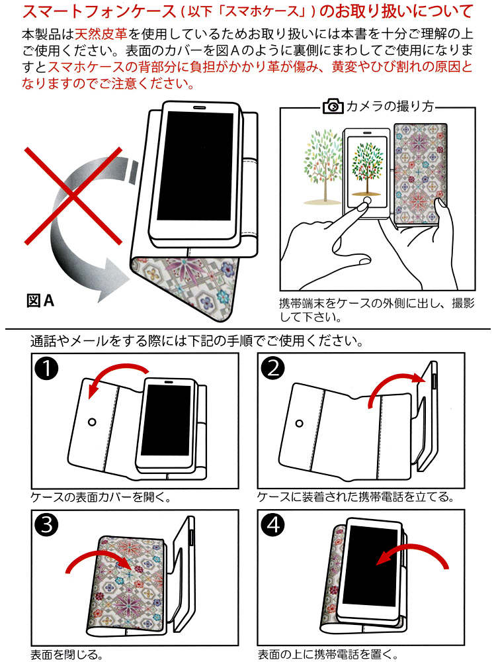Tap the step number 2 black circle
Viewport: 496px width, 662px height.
[x=274, y=368]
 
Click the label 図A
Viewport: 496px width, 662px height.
[x=40, y=301]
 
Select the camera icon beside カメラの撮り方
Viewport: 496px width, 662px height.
[x=332, y=107]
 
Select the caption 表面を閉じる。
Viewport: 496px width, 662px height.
[x=66, y=655]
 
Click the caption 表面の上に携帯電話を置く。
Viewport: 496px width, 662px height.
[x=328, y=655]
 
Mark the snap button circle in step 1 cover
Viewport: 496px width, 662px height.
[x=92, y=421]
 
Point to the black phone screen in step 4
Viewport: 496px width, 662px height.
[x=374, y=563]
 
